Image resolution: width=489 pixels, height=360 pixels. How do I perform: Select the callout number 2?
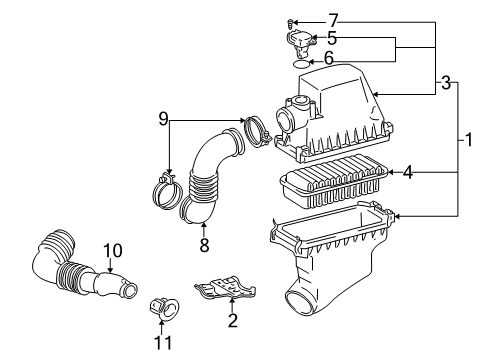click(233, 320)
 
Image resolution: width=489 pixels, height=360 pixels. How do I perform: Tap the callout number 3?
click(444, 84)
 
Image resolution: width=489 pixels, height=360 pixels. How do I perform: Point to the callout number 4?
click(407, 172)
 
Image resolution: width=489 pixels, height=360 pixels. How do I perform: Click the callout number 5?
click(332, 39)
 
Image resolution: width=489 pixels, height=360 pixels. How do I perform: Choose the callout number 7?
click(333, 19)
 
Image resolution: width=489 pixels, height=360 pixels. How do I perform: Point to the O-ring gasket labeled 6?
click(299, 62)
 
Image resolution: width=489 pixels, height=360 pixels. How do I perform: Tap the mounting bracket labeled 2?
click(229, 291)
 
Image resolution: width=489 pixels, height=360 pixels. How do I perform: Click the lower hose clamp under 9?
click(165, 186)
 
